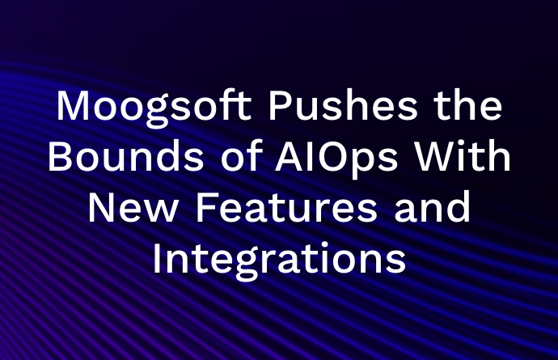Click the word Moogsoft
tap(154, 107)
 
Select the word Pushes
tap(343, 105)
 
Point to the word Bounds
tap(126, 156)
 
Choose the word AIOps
tap(336, 159)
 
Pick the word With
tap(463, 156)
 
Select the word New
tap(133, 207)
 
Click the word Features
tap(286, 207)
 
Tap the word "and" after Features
tap(432, 207)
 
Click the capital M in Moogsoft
tap(73, 105)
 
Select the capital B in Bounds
tap(60, 156)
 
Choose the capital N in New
tap(101, 207)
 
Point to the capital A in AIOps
tap(289, 156)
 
